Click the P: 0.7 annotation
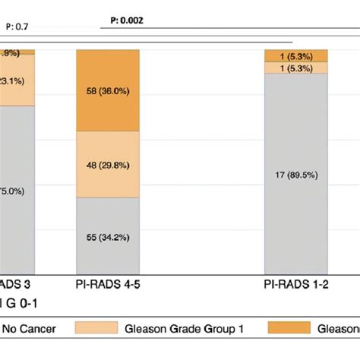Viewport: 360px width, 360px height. click(17, 28)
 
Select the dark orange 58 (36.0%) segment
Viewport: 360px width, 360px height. click(108, 89)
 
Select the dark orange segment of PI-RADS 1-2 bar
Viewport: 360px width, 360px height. click(296, 55)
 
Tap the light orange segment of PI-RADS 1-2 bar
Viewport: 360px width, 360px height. click(296, 68)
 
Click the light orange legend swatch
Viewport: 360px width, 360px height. click(96, 327)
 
